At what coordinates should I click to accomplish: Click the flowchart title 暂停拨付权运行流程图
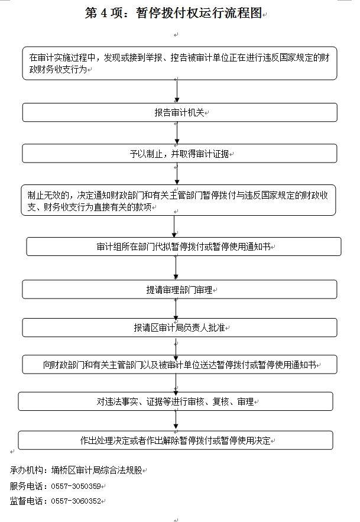click(x=199, y=13)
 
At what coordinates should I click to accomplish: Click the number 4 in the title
click(x=104, y=14)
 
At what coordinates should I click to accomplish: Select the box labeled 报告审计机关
click(x=180, y=112)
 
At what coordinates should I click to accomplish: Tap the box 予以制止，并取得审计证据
click(x=180, y=154)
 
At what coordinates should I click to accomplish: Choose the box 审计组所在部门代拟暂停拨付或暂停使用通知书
click(x=184, y=247)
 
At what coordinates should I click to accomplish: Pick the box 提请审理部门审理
click(x=180, y=290)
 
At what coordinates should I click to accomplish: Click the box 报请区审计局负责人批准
click(x=180, y=328)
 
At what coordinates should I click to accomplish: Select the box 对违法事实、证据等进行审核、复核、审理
click(x=176, y=401)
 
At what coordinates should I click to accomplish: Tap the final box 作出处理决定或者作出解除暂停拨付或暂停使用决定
click(x=176, y=440)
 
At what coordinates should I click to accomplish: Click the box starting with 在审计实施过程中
click(x=180, y=63)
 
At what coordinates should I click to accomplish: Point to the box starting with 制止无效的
click(x=179, y=200)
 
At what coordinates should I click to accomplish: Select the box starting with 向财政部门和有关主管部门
click(x=180, y=365)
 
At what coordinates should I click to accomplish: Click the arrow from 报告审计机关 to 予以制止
click(x=177, y=133)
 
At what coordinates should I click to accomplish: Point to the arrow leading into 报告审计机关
click(x=177, y=92)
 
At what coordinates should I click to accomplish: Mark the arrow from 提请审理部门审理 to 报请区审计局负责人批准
click(x=176, y=309)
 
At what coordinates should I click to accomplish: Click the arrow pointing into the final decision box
click(x=176, y=421)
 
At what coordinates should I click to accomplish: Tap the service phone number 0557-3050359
click(x=76, y=487)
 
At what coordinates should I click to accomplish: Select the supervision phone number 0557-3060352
click(x=76, y=501)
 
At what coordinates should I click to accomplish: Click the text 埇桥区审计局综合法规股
click(x=96, y=470)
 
